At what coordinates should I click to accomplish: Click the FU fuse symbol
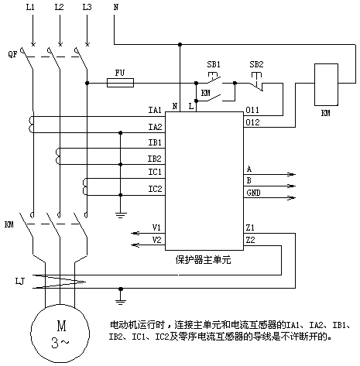(x=120, y=83)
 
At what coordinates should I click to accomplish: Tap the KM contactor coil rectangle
(x=326, y=84)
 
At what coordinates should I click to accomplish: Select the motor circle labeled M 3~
(x=60, y=334)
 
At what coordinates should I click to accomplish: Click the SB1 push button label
(x=214, y=64)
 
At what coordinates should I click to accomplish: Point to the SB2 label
(x=256, y=64)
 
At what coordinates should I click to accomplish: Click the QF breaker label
(x=12, y=54)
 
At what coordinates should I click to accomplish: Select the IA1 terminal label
(x=155, y=110)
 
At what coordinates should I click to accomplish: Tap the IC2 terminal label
(x=155, y=189)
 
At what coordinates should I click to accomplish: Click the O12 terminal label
(x=252, y=122)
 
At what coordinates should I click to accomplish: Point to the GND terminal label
(x=253, y=193)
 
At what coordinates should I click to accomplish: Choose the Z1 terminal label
(x=250, y=227)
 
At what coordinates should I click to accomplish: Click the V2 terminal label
(x=156, y=240)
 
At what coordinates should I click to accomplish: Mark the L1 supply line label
(x=30, y=7)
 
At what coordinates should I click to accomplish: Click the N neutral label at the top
(x=116, y=7)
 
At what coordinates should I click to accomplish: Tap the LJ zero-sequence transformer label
(x=20, y=281)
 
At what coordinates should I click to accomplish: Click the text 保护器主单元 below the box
(x=203, y=260)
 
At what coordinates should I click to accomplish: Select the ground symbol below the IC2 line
(x=121, y=215)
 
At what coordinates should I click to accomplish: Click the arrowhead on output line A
(x=292, y=174)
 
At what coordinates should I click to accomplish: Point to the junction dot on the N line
(x=180, y=45)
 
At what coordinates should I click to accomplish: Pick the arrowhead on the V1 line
(x=135, y=234)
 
